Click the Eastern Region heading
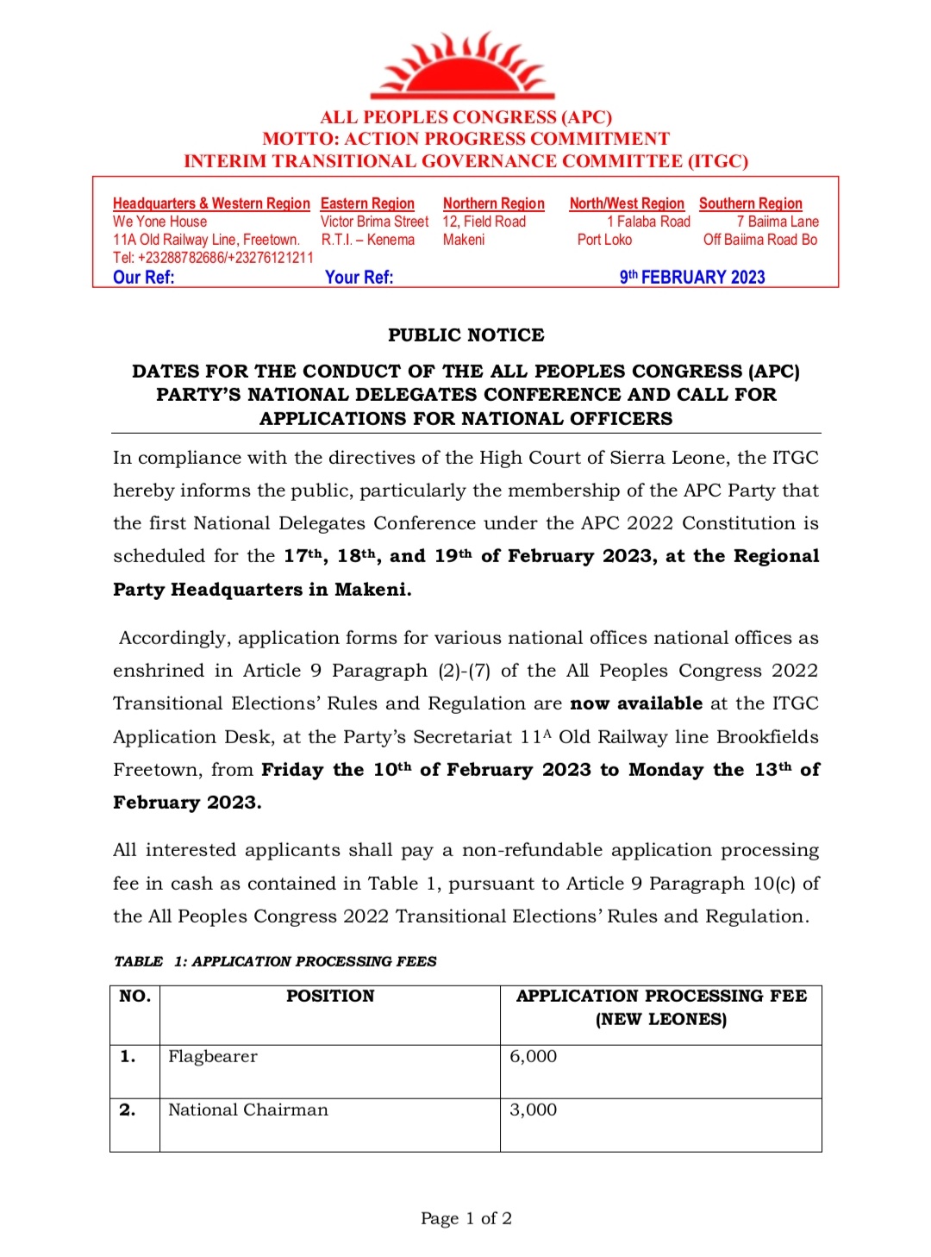click(367, 203)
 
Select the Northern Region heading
click(493, 203)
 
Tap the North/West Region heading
click(626, 203)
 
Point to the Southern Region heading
click(750, 203)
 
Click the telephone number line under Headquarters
click(213, 257)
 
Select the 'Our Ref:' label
click(143, 277)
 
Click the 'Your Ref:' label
click(359, 277)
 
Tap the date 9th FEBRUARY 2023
click(692, 277)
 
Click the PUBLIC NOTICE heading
click(465, 335)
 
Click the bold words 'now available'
click(635, 704)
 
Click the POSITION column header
click(330, 997)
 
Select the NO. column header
click(134, 997)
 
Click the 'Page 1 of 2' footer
click(465, 1218)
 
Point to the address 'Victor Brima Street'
click(374, 222)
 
